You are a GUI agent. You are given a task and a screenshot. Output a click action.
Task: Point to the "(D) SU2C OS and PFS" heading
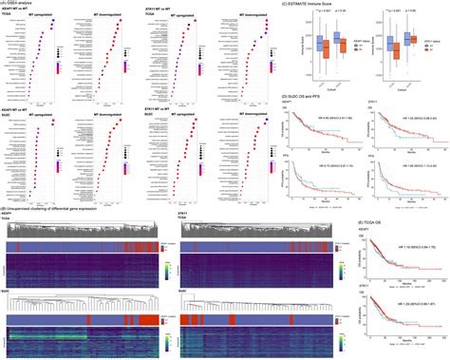coord(320,95)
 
